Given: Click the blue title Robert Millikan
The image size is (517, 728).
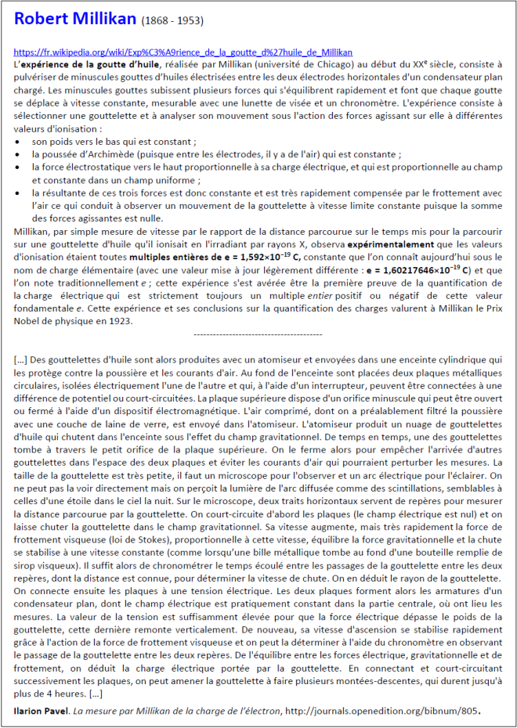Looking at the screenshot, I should point(75,19).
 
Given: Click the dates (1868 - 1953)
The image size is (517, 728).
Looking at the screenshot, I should point(171,20).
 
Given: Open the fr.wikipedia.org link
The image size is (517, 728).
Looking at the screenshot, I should point(183,51).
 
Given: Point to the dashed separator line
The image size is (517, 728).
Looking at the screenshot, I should point(258,334).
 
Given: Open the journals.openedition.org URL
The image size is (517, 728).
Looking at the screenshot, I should point(399,710).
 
